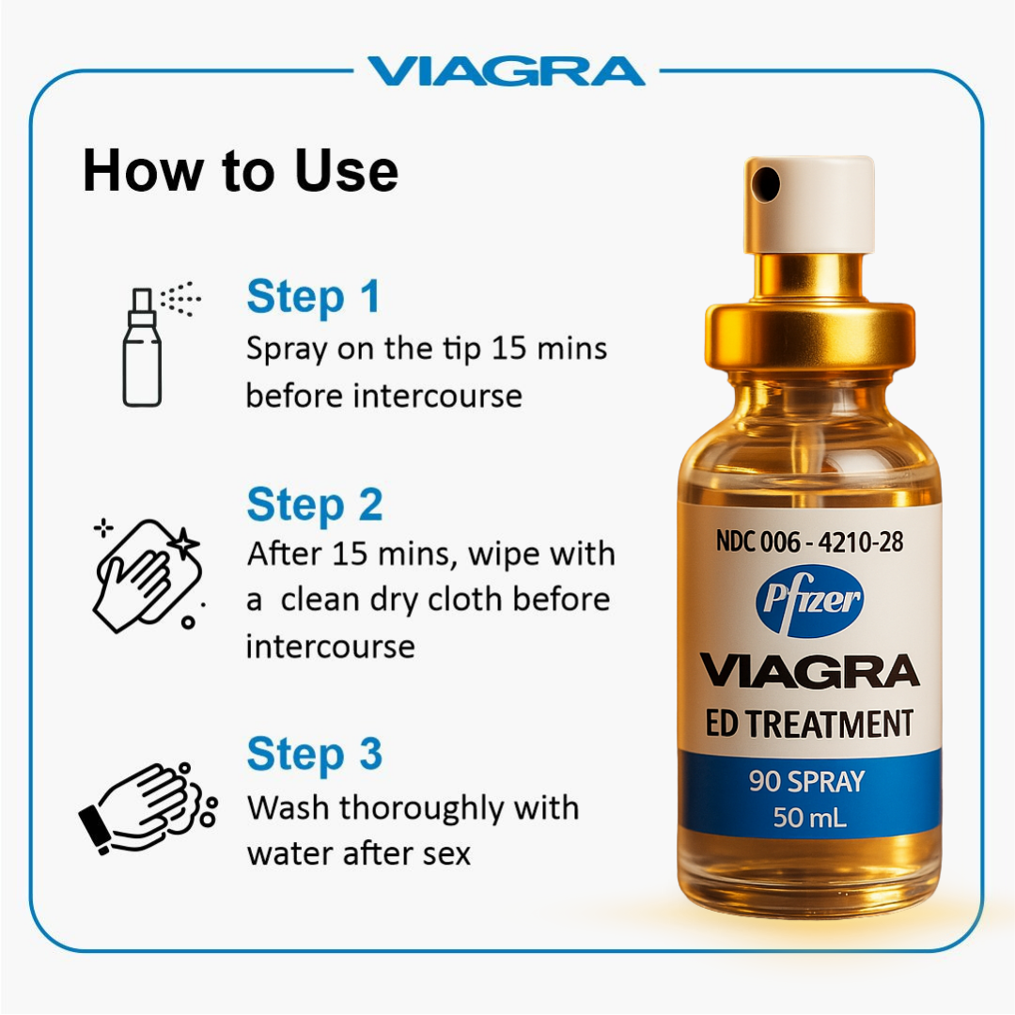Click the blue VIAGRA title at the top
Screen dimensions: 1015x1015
pos(506,71)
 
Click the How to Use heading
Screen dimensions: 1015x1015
pos(241,171)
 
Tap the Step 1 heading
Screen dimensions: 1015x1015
pos(313,297)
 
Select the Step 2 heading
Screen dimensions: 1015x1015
pos(315,505)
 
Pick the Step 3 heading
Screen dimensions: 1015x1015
pos(315,754)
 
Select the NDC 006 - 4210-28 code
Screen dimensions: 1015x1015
pos(809,542)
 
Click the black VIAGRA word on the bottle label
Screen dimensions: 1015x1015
pos(809,671)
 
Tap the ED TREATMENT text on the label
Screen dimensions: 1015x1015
pos(809,724)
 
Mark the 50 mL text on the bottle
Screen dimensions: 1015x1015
pos(809,818)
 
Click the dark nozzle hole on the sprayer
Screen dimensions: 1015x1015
pos(768,182)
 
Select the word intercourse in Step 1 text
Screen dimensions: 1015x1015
pos(437,396)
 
